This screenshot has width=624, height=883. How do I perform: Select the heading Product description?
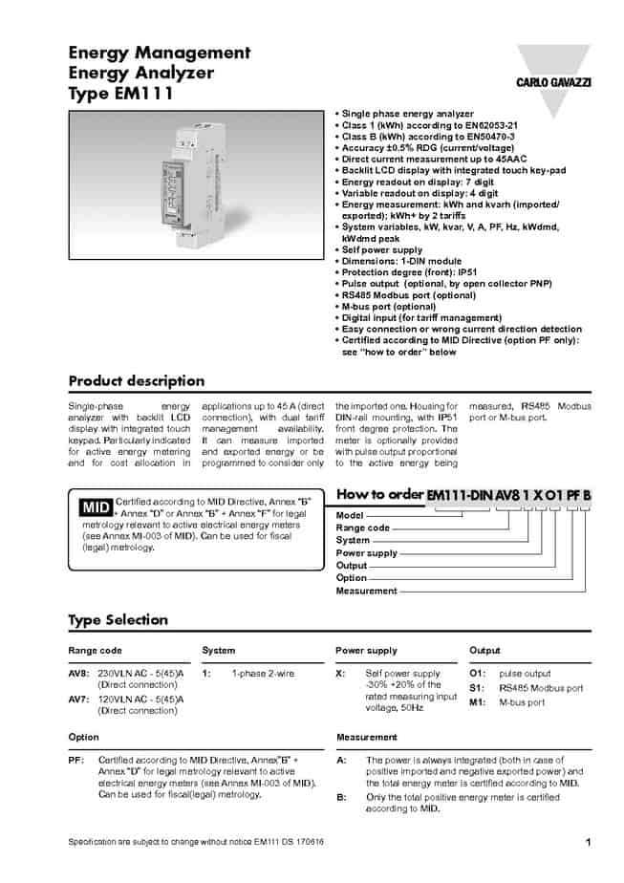pyautogui.click(x=136, y=381)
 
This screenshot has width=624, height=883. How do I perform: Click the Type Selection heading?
pyautogui.click(x=118, y=620)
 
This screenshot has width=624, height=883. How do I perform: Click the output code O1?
pyautogui.click(x=478, y=673)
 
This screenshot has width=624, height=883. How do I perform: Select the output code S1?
pyautogui.click(x=478, y=687)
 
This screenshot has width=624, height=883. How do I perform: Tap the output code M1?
pyautogui.click(x=479, y=702)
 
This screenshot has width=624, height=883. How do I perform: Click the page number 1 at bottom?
pyautogui.click(x=588, y=842)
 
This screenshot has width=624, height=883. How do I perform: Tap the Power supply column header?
pyautogui.click(x=366, y=651)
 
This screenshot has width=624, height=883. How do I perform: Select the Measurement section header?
pyautogui.click(x=367, y=737)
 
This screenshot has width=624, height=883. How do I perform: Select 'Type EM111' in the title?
pyautogui.click(x=120, y=94)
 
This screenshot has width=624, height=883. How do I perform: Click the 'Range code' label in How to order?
pyautogui.click(x=363, y=528)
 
